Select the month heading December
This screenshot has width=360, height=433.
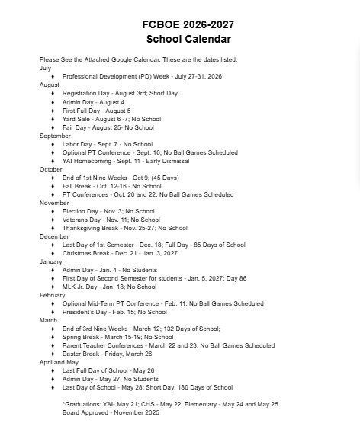pyautogui.click(x=54, y=236)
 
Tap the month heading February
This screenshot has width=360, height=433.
pyautogui.click(x=53, y=295)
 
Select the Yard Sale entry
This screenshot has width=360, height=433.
pyautogui.click(x=111, y=119)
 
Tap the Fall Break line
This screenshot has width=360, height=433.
pyautogui.click(x=111, y=186)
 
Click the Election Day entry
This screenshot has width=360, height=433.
pyautogui.click(x=108, y=211)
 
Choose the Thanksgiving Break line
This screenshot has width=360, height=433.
pyautogui.click(x=124, y=228)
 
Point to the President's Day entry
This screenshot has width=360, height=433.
pyautogui.click(x=114, y=312)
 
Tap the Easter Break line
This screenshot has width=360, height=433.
pyautogui.click(x=107, y=354)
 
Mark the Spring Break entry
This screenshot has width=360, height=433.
pyautogui.click(x=117, y=337)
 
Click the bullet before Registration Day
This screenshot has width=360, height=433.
pyautogui.click(x=53, y=93)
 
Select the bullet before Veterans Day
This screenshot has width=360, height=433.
pyautogui.click(x=53, y=220)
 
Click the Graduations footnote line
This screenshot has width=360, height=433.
pyautogui.click(x=170, y=404)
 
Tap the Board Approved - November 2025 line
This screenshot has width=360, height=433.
pyautogui.click(x=111, y=412)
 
